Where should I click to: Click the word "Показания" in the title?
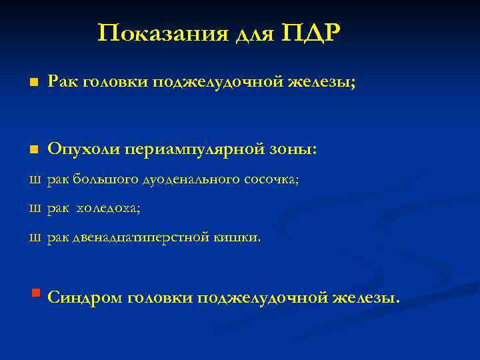(x=163, y=33)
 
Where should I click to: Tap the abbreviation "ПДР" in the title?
(x=312, y=33)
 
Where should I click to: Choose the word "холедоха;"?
(x=109, y=208)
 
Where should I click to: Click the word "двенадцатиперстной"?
(x=137, y=237)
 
